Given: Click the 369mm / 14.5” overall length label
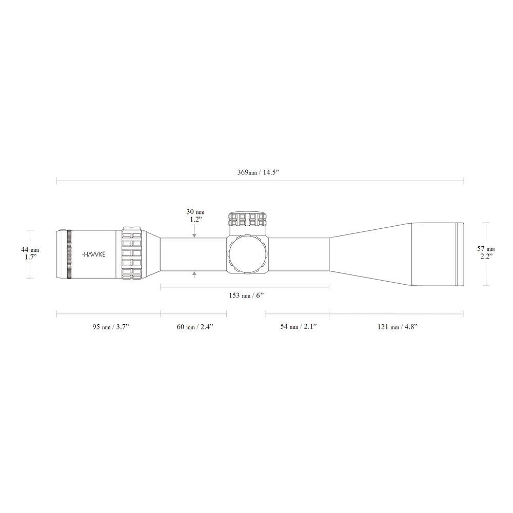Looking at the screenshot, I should (260, 173).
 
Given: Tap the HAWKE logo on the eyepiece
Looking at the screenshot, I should (93, 254).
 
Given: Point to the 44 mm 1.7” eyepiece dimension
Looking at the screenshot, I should (31, 253).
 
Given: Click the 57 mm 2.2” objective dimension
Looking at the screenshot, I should (487, 253).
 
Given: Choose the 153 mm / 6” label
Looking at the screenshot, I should (246, 296).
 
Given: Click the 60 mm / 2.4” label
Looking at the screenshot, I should (194, 327).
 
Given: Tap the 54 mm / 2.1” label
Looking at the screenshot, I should (298, 327).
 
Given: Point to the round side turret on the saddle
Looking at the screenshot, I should (247, 255).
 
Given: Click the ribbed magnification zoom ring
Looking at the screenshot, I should (131, 254).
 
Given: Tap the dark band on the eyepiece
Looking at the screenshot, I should (69, 254).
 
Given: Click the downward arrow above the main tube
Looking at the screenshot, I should (194, 234).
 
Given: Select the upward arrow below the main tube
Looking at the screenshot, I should (194, 274).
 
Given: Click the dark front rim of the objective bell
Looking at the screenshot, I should (460, 254).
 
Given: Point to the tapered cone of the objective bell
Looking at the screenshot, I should (369, 254).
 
